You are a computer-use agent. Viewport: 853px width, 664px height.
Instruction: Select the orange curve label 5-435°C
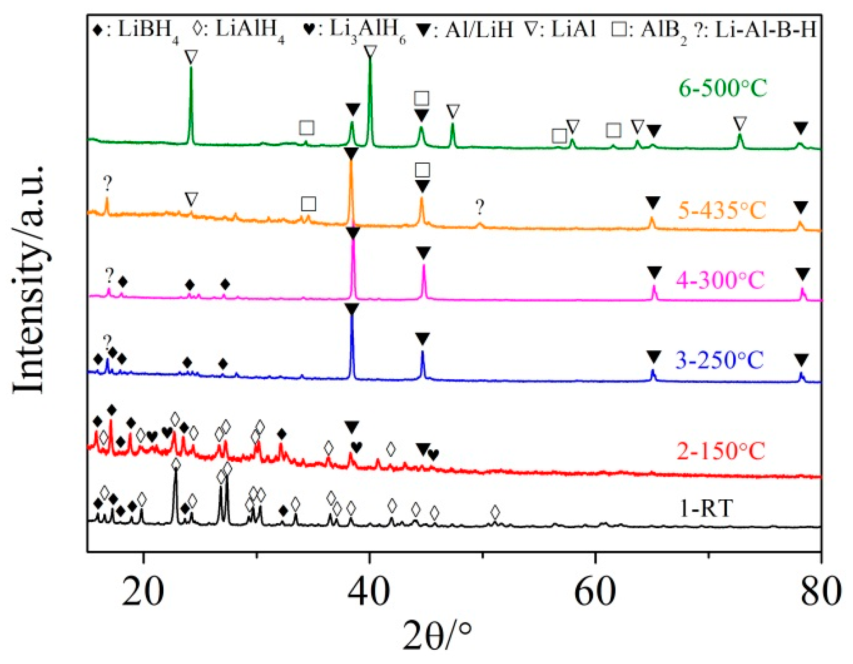722,210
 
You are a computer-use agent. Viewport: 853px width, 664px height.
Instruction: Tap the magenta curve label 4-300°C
720,279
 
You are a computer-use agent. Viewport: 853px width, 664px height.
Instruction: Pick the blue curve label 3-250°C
719,360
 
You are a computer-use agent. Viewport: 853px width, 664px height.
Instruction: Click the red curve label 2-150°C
721,450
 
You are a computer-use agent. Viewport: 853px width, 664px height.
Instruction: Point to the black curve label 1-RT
706,508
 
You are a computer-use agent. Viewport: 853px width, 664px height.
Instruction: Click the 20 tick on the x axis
143,592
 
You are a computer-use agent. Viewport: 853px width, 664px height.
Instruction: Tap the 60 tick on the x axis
595,592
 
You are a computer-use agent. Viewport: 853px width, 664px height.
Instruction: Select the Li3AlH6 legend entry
356,30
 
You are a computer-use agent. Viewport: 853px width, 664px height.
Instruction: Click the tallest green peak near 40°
370,62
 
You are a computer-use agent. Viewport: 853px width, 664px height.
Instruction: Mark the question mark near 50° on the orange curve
480,208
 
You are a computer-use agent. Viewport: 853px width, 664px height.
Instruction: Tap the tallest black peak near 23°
175,472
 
